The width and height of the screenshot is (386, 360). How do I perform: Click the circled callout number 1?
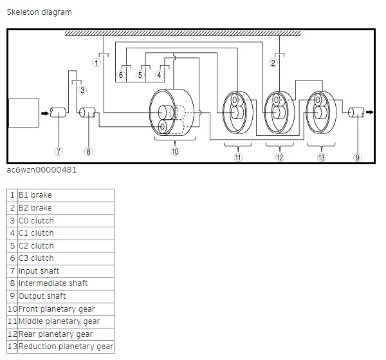coord(96,63)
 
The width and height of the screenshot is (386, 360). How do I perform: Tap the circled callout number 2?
coord(273,63)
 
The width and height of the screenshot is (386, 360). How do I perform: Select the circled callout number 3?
coord(82,90)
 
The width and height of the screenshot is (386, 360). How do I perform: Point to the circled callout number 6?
coord(120,75)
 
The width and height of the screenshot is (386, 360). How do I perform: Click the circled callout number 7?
coord(59,151)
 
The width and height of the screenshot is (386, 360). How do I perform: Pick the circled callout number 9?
coord(358,157)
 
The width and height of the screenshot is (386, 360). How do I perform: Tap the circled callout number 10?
coord(174,151)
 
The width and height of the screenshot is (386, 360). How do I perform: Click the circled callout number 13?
coord(321,157)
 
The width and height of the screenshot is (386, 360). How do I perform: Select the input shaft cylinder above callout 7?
coord(59,113)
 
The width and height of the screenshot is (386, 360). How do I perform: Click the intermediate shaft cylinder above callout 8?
coord(87,113)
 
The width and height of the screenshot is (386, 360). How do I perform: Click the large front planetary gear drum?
coord(171,113)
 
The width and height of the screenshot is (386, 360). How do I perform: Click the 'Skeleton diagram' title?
coord(39,12)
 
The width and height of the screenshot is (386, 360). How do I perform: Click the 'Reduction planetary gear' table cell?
coord(65,346)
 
